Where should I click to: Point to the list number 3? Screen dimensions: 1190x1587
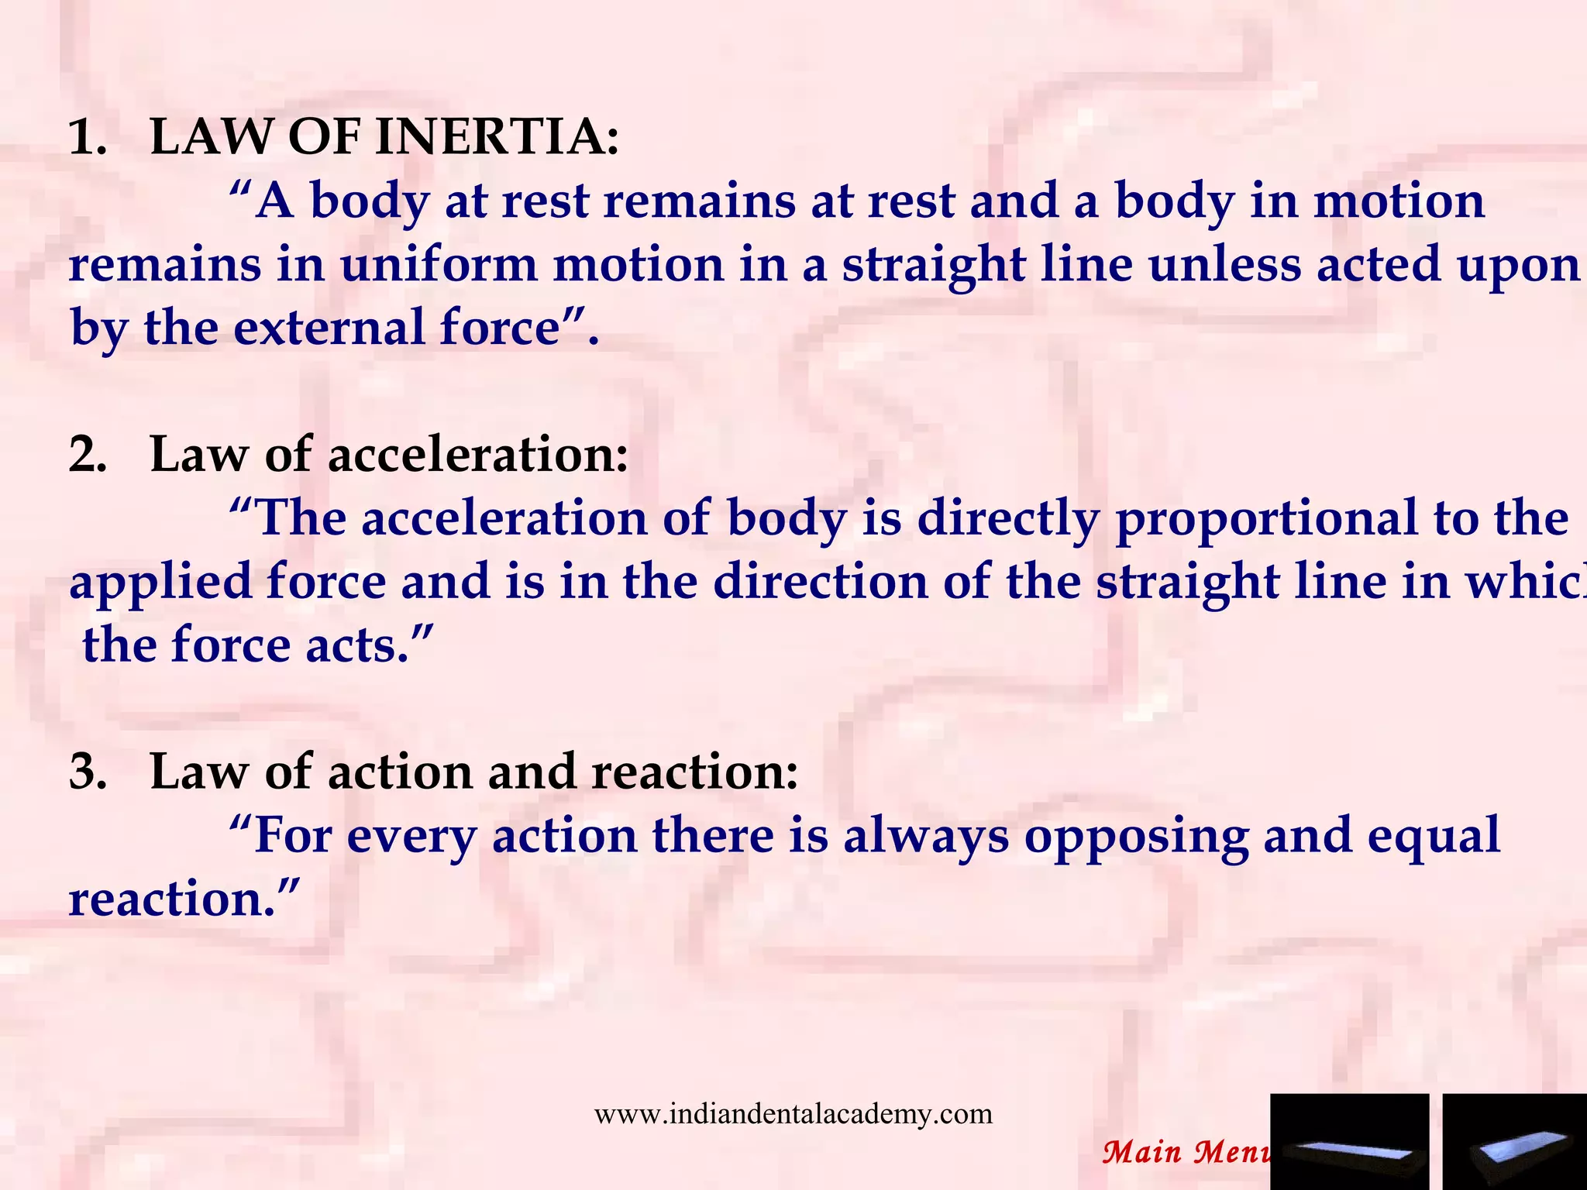pyautogui.click(x=87, y=772)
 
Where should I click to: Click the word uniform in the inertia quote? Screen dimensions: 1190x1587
pyautogui.click(x=439, y=265)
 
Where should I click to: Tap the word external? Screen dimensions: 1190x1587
pyautogui.click(x=329, y=328)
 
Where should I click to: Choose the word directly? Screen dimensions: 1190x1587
pyautogui.click(x=1007, y=519)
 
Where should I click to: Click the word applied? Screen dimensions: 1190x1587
pyautogui.click(x=160, y=583)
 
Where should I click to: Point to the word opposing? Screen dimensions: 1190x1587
pyautogui.click(x=1136, y=837)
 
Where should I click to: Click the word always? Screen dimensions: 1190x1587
pyautogui.click(x=926, y=837)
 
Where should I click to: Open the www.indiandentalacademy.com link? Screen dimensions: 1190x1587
pyautogui.click(x=793, y=1114)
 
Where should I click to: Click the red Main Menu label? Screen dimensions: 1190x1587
pyautogui.click(x=1186, y=1152)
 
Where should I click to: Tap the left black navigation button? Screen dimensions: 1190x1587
pyautogui.click(x=1349, y=1141)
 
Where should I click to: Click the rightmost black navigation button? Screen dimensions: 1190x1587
pyautogui.click(x=1514, y=1141)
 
